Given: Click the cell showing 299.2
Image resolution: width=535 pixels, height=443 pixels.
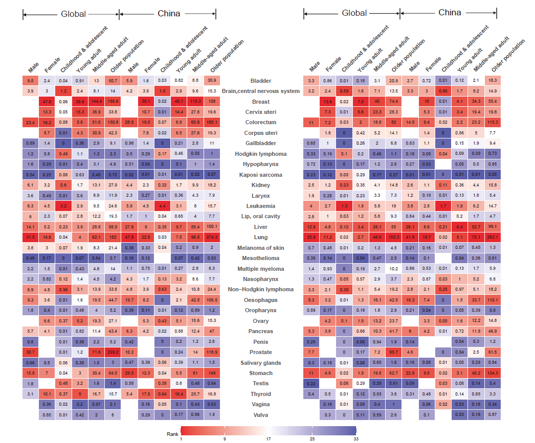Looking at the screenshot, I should [x=112, y=352].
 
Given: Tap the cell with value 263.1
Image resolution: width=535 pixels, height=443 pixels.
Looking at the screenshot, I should [x=492, y=237].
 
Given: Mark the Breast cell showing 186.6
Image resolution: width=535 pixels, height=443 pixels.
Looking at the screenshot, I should [x=112, y=102].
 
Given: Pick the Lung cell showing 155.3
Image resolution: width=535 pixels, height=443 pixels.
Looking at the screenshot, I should [x=393, y=237].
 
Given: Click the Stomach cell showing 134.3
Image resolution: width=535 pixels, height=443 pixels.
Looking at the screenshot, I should [x=492, y=373].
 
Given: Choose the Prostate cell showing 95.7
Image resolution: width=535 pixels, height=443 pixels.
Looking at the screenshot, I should [x=393, y=352].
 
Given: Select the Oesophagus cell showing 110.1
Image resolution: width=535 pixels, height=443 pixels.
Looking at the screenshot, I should [x=492, y=300].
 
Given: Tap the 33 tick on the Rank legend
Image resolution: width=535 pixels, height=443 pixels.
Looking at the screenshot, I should [x=355, y=438].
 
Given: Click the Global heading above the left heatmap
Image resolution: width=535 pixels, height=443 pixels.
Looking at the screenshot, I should [x=74, y=14].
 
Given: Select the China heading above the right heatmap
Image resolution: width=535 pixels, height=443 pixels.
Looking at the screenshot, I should [x=450, y=13].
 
